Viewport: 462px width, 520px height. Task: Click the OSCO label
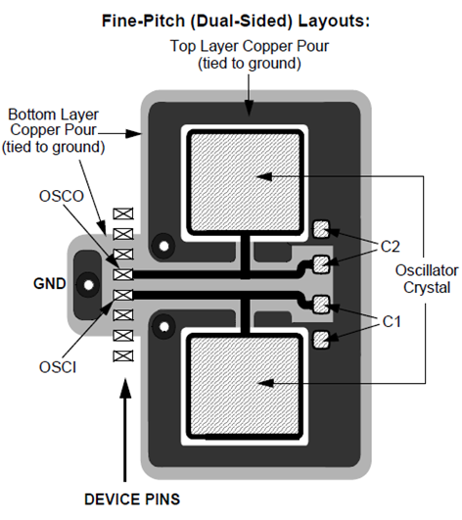[x=62, y=196]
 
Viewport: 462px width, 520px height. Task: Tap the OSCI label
[x=58, y=367]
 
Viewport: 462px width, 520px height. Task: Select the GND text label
[x=49, y=284]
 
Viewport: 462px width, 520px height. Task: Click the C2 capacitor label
[x=391, y=247]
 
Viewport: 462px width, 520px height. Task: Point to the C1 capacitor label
[x=392, y=321]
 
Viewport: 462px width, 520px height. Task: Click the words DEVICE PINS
[x=132, y=499]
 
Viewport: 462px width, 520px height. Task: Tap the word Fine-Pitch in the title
[x=143, y=21]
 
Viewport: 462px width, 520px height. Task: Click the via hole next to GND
[x=88, y=285]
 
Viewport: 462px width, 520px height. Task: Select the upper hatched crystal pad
[x=246, y=182]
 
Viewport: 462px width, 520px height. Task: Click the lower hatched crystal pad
[x=245, y=386]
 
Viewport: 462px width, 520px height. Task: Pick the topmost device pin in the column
[x=123, y=213]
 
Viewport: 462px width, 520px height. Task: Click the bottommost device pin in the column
[x=123, y=356]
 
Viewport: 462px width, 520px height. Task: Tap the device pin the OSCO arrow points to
[x=123, y=274]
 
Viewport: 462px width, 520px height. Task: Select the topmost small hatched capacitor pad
[x=321, y=229]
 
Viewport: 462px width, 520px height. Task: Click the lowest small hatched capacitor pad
[x=321, y=339]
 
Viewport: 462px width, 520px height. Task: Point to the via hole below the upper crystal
[x=163, y=246]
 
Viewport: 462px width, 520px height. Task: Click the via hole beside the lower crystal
[x=163, y=327]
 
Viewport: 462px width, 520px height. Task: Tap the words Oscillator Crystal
[x=427, y=279]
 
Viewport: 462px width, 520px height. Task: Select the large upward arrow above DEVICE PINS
[x=125, y=430]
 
